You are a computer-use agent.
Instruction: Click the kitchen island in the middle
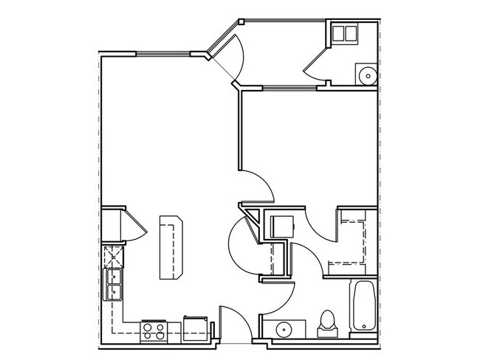(x=171, y=246)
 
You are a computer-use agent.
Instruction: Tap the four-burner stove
(x=153, y=330)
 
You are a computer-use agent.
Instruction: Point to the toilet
(x=326, y=322)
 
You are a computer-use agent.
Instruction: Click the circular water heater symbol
(x=366, y=74)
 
